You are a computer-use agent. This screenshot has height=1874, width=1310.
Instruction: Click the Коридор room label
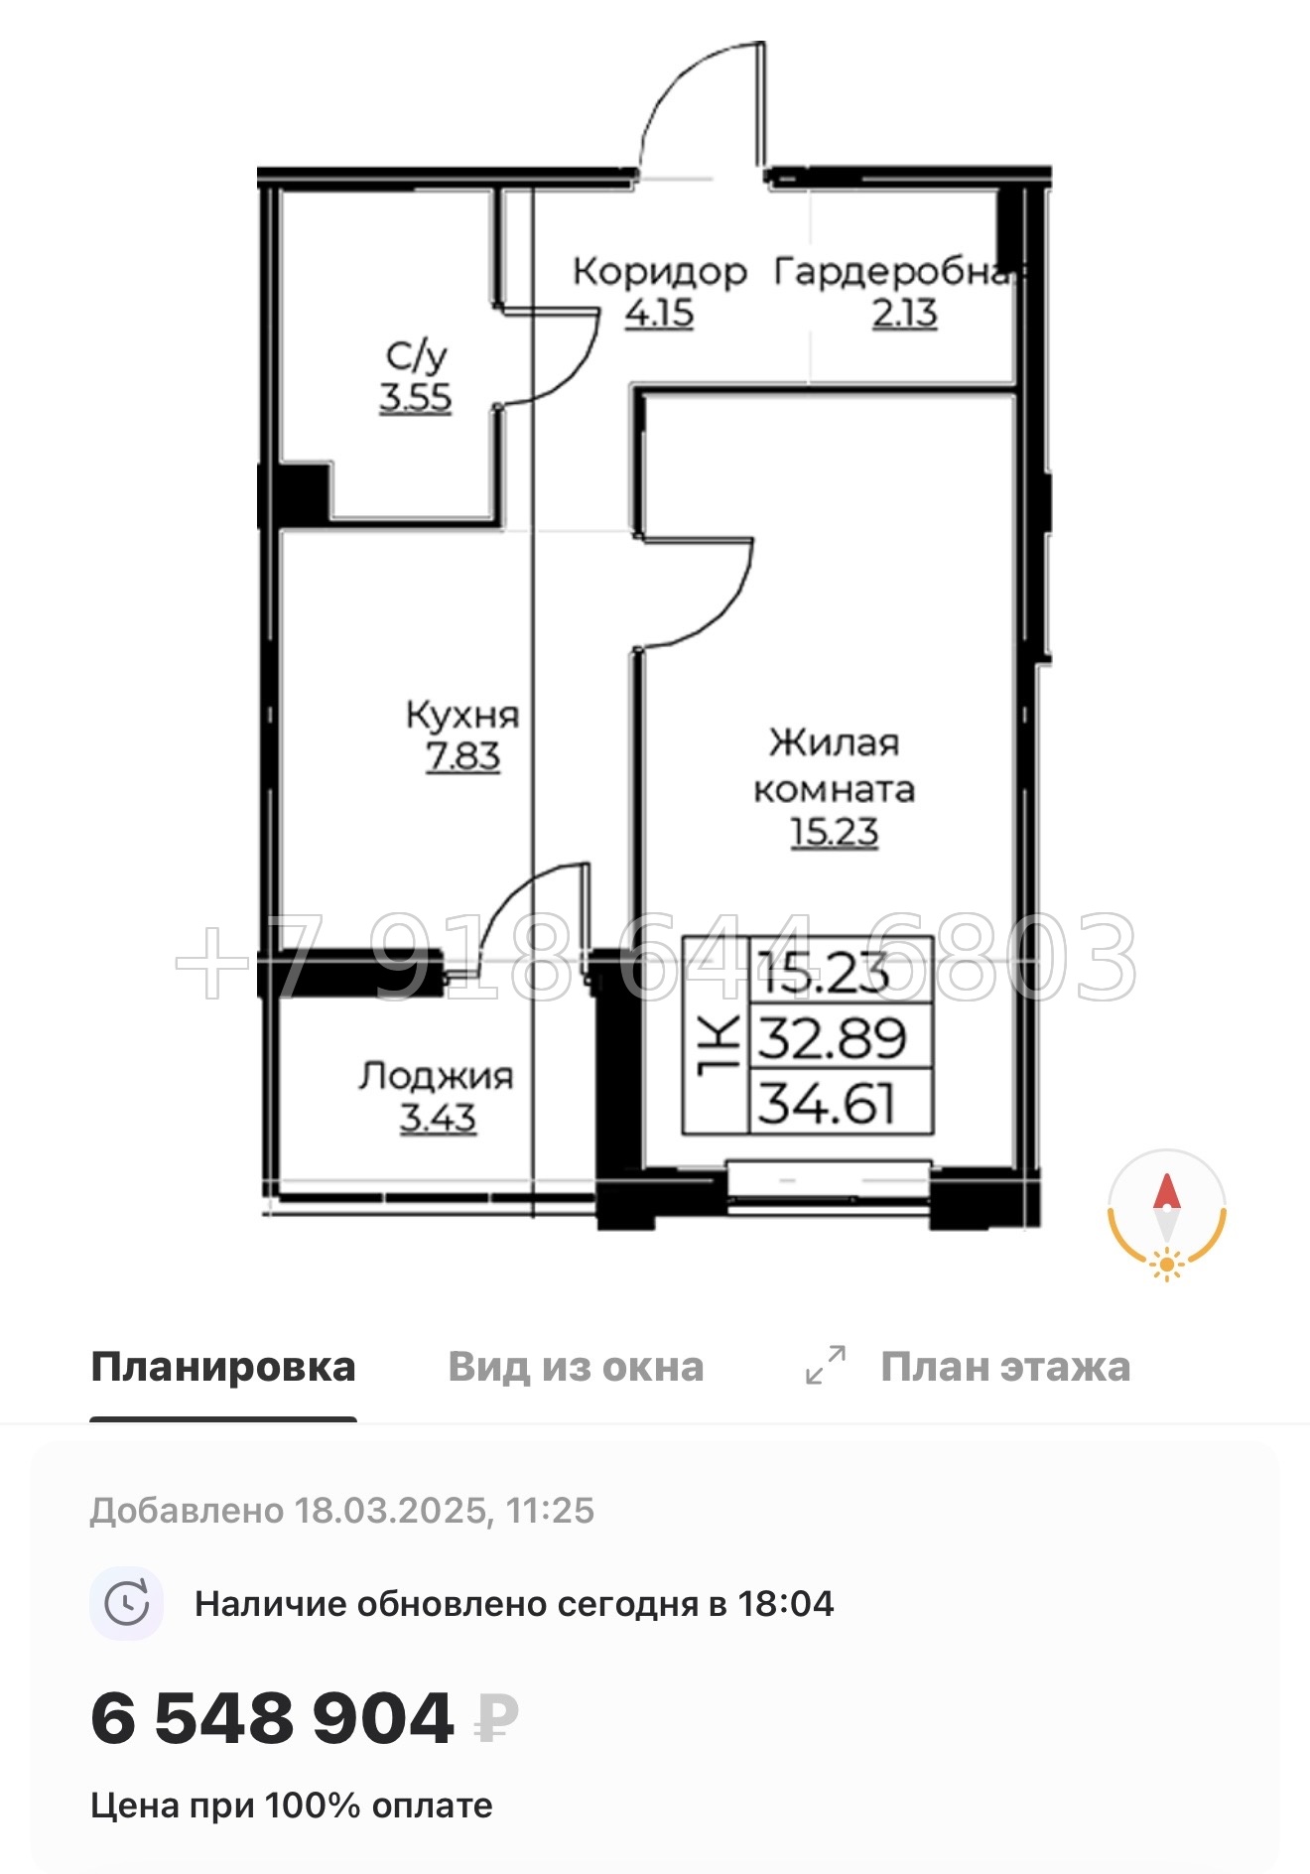660,271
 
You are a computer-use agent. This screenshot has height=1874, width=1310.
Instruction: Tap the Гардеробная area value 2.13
904,314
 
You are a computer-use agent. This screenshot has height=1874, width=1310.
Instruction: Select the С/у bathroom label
416,355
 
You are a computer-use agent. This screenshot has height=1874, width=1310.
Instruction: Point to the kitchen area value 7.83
463,757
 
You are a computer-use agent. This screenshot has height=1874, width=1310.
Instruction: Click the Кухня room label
462,715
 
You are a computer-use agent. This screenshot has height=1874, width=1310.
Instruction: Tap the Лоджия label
437,1076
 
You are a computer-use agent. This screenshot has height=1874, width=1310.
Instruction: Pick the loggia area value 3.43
438,1119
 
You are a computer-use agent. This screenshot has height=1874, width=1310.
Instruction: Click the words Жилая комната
834,765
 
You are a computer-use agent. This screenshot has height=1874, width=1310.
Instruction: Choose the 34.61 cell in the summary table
828,1103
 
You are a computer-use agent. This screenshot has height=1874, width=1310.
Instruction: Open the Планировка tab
223,1367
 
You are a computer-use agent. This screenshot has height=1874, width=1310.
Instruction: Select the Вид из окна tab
576,1367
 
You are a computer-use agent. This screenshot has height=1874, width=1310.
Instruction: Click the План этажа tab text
1005,1367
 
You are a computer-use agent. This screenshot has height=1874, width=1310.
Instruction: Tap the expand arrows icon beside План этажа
826,1365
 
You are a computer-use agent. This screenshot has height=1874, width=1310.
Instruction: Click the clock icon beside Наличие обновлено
127,1603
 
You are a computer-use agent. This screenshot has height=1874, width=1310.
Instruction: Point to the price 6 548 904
272,1718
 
